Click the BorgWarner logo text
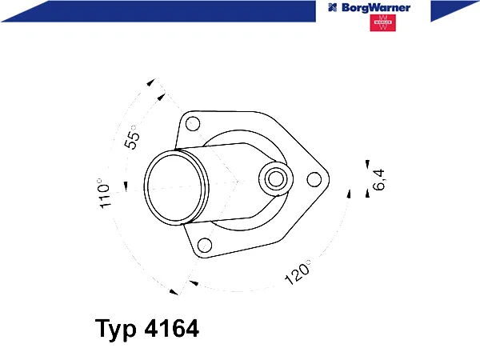(376, 8)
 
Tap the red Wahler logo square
(382, 22)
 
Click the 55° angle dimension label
(132, 138)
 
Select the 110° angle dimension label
(103, 194)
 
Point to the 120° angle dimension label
(297, 273)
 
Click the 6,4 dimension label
(378, 179)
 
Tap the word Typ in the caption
(115, 329)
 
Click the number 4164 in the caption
(171, 328)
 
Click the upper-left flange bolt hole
(193, 124)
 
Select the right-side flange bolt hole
(314, 180)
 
